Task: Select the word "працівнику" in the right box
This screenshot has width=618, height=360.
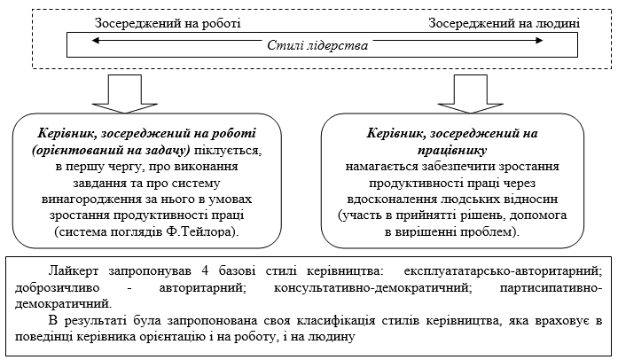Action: (453, 149)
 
